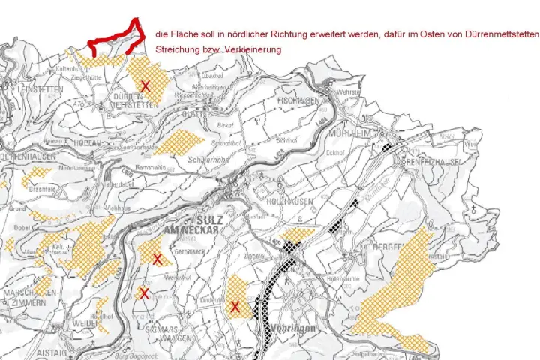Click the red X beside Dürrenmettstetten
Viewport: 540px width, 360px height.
[145, 86]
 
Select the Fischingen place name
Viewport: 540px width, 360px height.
[298, 100]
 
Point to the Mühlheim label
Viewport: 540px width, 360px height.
[347, 133]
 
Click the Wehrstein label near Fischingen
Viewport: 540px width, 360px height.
[349, 91]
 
